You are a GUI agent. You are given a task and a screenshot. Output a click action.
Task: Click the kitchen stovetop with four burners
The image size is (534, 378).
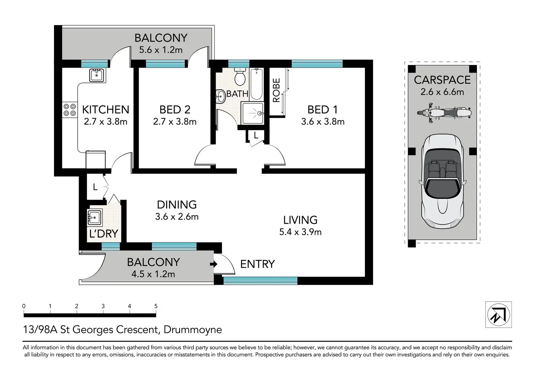70,110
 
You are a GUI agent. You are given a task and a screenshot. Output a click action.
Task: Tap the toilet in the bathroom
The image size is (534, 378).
240,76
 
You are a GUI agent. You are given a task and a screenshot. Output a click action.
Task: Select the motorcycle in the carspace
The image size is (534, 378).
444,113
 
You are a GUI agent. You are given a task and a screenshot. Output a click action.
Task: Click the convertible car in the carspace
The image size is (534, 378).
443,181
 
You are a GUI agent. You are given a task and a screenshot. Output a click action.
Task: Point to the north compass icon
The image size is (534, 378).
498,314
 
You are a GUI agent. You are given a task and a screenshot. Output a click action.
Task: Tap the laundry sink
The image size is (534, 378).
95,218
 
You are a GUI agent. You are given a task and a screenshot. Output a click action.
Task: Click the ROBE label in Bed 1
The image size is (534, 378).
276,90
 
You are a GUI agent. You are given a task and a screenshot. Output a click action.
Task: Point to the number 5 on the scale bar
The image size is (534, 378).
156,306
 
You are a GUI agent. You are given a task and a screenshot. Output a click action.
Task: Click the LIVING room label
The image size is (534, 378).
300,220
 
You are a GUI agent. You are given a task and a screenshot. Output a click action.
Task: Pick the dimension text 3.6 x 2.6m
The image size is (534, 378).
177,217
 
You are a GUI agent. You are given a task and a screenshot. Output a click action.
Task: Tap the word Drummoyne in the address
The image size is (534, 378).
193,330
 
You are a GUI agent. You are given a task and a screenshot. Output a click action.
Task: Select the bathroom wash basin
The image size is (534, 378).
221,97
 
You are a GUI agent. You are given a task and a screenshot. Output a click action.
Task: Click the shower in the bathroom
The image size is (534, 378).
252,113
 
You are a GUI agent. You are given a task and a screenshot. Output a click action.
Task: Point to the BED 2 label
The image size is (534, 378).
175,110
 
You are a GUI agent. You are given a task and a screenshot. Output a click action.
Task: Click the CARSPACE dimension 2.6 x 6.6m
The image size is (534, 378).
442,92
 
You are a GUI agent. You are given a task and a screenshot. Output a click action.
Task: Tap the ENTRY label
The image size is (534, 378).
258,264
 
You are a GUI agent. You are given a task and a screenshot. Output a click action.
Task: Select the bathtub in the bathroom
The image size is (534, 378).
257,84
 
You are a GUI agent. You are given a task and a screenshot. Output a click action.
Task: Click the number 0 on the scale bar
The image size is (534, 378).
24,306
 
